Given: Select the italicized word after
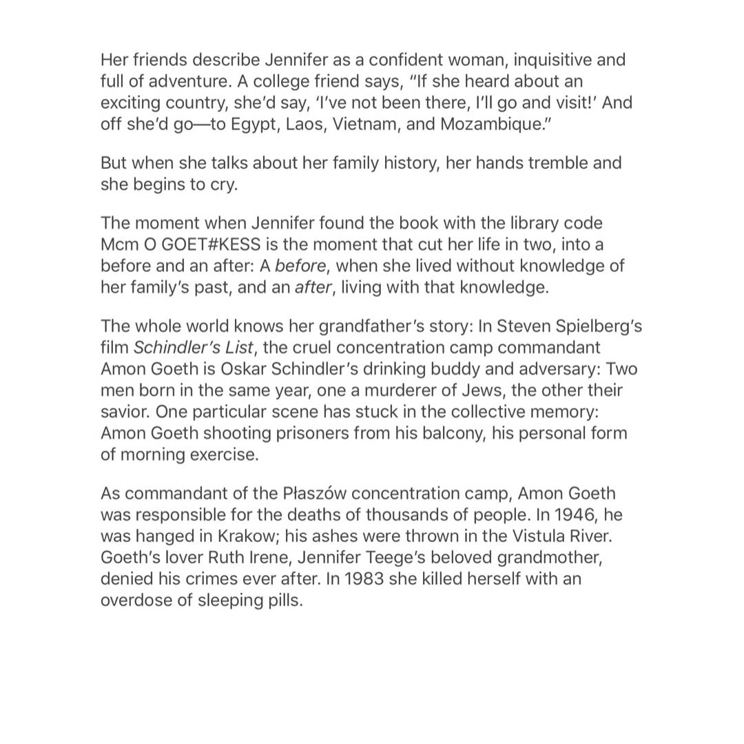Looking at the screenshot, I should [x=312, y=287].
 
